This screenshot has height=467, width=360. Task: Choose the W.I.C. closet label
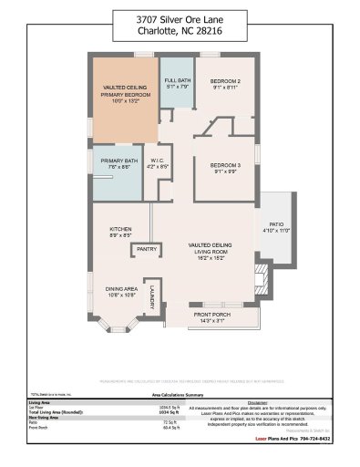pyautogui.click(x=158, y=162)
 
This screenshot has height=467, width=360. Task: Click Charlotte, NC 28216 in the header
pyautogui.click(x=180, y=35)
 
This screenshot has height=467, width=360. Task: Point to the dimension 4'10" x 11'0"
pyautogui.click(x=276, y=232)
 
